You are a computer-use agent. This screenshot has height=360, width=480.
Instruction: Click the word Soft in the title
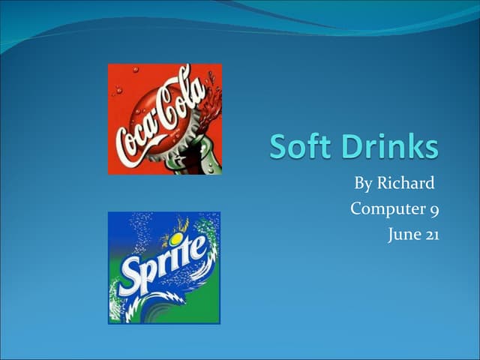(299, 147)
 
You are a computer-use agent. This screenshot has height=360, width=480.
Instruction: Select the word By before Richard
(363, 183)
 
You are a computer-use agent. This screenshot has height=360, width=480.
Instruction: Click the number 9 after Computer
(434, 209)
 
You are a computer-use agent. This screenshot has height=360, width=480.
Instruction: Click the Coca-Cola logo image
(164, 118)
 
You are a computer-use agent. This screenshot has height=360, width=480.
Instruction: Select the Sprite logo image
(164, 268)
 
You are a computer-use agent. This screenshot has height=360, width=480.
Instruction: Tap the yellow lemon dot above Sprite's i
(175, 239)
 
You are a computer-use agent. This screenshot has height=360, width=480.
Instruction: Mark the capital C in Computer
(357, 208)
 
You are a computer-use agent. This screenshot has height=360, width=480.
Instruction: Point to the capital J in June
(391, 235)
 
